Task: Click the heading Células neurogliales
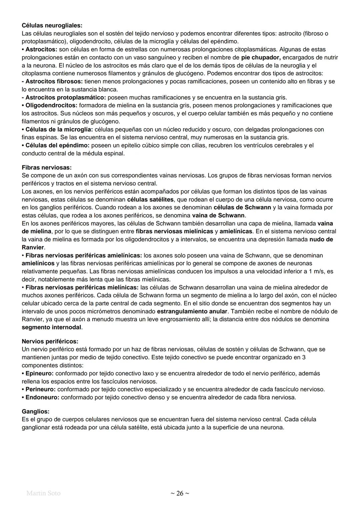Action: (52, 25)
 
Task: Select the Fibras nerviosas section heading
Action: (46, 167)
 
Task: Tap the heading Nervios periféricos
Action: (50, 341)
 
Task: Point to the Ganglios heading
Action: (35, 411)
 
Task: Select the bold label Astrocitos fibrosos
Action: (54, 81)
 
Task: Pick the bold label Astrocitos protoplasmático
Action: (65, 97)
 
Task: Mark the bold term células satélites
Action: (150, 199)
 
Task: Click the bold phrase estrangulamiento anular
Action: (192, 311)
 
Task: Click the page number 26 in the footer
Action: (180, 493)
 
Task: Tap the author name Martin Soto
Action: (43, 493)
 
